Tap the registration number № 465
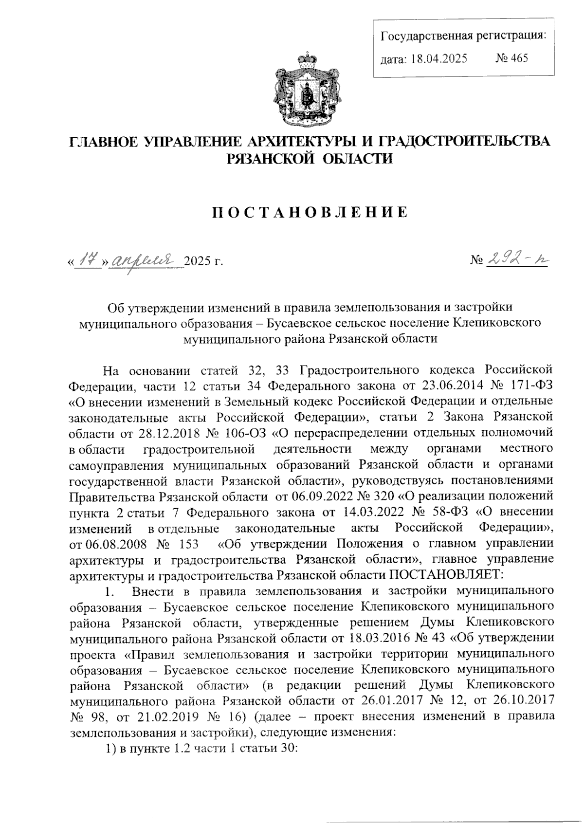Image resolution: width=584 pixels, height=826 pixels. click(x=511, y=58)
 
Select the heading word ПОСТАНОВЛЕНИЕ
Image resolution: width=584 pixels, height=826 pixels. click(x=310, y=213)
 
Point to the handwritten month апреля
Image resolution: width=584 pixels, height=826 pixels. click(x=143, y=261)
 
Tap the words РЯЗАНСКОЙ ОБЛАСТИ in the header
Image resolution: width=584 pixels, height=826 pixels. click(x=310, y=158)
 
